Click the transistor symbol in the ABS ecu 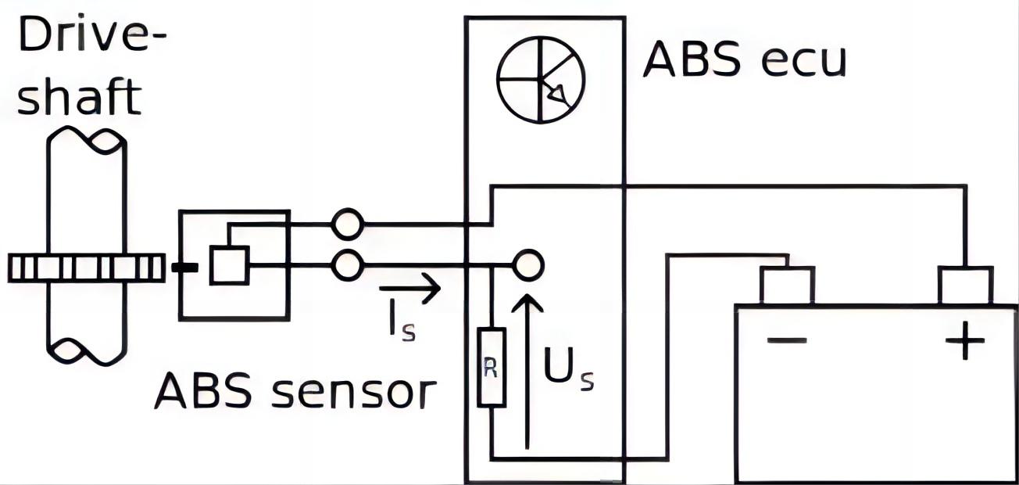point(541,79)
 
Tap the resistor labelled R point(492,368)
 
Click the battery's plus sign point(966,341)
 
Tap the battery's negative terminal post point(788,285)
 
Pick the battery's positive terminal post point(966,285)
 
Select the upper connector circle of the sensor point(347,225)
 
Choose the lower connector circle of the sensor point(347,266)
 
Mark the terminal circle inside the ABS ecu point(528,266)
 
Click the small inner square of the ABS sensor point(230,264)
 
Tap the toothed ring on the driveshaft point(86,268)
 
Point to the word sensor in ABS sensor point(352,391)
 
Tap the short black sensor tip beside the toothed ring point(184,268)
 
